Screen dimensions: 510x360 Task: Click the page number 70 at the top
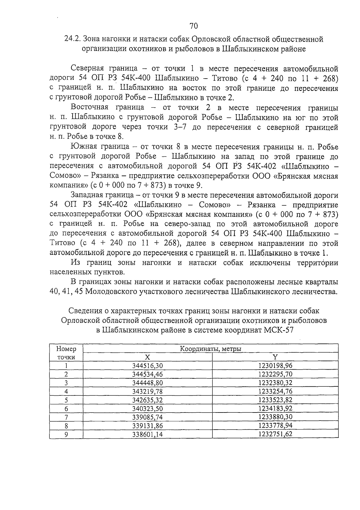(x=194, y=26)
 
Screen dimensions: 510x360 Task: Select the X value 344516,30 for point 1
(x=147, y=366)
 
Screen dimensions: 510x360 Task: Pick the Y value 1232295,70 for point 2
(x=275, y=374)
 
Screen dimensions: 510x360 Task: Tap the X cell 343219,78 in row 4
(x=147, y=391)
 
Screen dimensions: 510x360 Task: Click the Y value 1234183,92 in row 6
(x=275, y=408)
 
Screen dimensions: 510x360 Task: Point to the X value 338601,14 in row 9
(x=147, y=434)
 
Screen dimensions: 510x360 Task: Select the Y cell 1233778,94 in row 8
(x=275, y=425)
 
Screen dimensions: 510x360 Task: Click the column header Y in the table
(x=275, y=357)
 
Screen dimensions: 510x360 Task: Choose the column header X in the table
(x=147, y=357)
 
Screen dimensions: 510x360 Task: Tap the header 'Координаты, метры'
(x=211, y=349)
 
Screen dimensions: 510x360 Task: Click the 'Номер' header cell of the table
(x=66, y=349)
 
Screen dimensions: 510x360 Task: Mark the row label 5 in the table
(x=66, y=400)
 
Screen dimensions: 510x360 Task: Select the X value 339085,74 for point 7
(x=147, y=417)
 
